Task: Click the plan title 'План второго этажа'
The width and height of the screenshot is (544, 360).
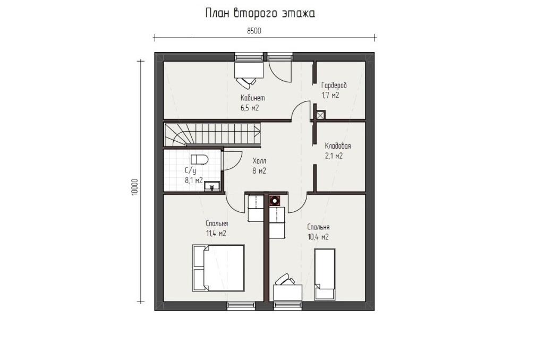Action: [x=260, y=13]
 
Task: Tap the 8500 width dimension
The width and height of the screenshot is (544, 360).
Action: [x=254, y=31]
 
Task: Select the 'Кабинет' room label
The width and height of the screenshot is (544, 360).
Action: [x=253, y=98]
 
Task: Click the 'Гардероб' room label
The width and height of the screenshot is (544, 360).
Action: [x=334, y=85]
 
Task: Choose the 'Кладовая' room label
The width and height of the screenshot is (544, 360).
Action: [x=337, y=145]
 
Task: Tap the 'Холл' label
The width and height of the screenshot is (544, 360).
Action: [x=259, y=161]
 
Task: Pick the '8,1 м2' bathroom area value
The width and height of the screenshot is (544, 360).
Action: [x=193, y=180]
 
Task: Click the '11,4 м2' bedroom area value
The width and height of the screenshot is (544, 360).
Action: [x=216, y=234]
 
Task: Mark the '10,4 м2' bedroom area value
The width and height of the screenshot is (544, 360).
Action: [x=318, y=237]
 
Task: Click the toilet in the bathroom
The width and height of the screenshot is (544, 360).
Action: [x=199, y=159]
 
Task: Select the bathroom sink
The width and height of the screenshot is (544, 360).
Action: [x=211, y=186]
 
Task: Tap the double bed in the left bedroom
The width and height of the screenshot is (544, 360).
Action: [x=218, y=268]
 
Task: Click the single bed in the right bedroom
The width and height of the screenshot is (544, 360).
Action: [x=325, y=275]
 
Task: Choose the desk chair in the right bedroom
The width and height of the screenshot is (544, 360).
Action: [x=285, y=279]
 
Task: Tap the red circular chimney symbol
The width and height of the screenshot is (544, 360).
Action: [x=275, y=201]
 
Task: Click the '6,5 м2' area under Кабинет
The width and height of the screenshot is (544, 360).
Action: [x=250, y=107]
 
